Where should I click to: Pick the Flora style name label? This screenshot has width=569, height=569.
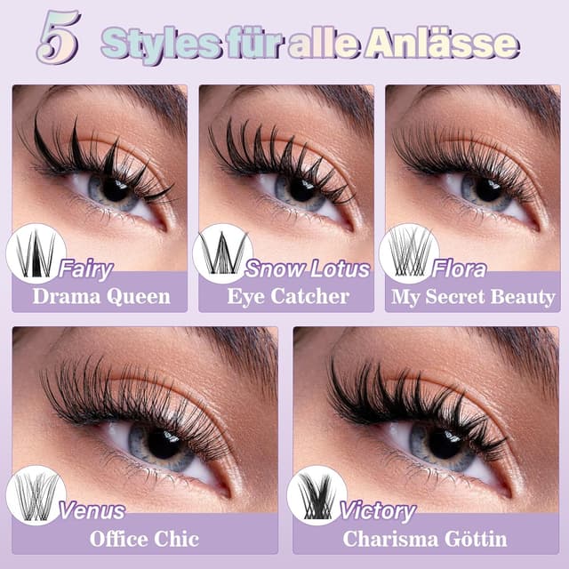pyautogui.click(x=460, y=268)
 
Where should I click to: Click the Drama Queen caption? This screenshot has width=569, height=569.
pyautogui.click(x=100, y=296)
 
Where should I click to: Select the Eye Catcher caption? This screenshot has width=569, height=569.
pyautogui.click(x=287, y=296)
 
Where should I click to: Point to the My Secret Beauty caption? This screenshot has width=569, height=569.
pyautogui.click(x=473, y=296)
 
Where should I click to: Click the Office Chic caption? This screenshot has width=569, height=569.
pyautogui.click(x=144, y=539)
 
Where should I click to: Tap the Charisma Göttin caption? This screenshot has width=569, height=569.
pyautogui.click(x=424, y=539)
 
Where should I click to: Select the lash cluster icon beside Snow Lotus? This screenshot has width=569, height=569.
pyautogui.click(x=222, y=253)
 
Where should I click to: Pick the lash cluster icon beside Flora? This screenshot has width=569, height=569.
pyautogui.click(x=409, y=253)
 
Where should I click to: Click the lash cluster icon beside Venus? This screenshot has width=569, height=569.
pyautogui.click(x=36, y=495)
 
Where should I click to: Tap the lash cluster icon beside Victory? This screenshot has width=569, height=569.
pyautogui.click(x=317, y=495)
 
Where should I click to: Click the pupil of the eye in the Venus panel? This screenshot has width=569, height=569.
pyautogui.click(x=163, y=442)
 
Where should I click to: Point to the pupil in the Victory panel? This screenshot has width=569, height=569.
pyautogui.click(x=442, y=442)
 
